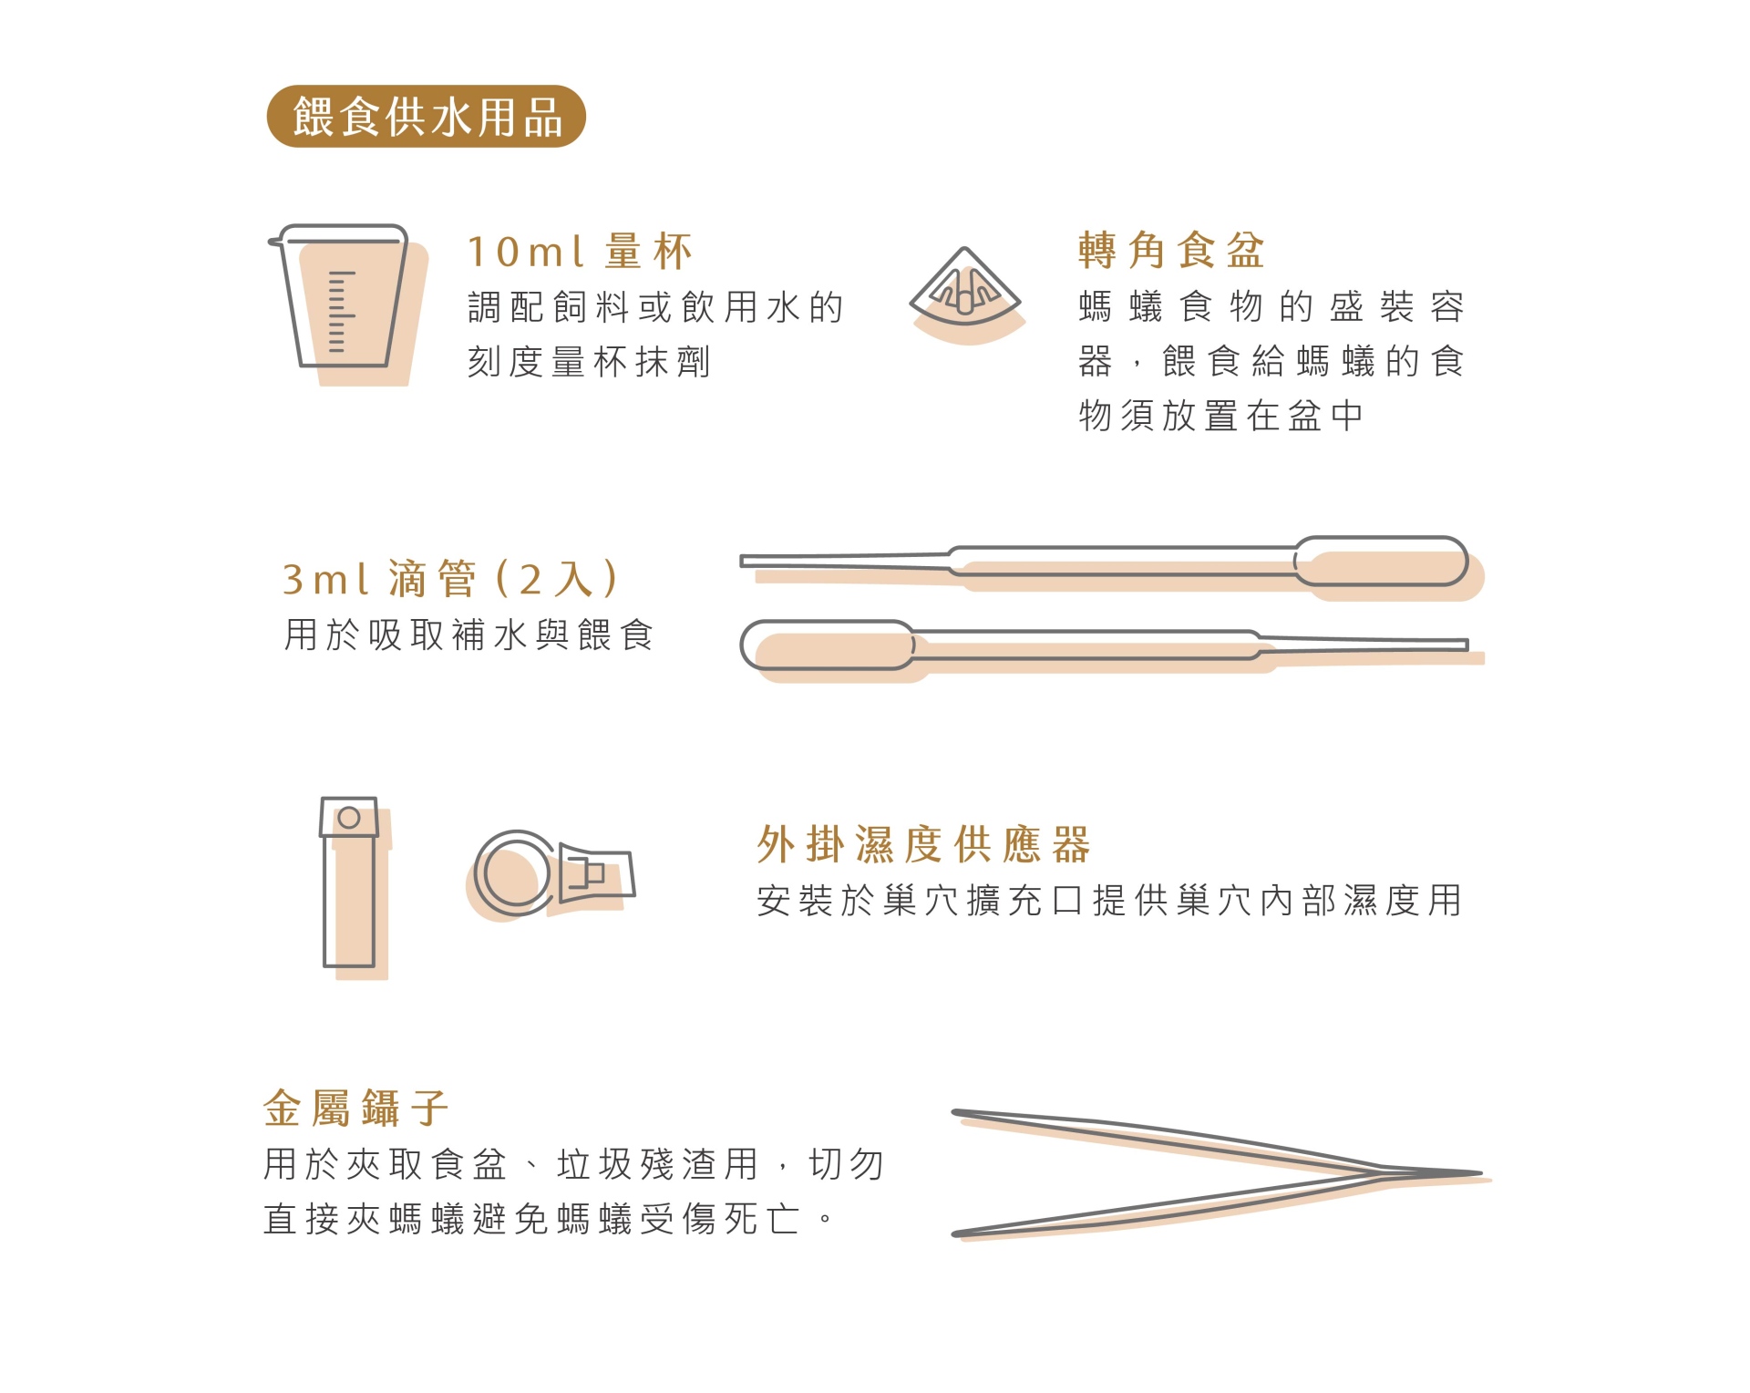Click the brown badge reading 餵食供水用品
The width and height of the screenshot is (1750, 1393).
(426, 117)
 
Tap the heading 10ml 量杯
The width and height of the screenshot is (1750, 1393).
(580, 252)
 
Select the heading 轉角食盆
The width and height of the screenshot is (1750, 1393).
(1171, 250)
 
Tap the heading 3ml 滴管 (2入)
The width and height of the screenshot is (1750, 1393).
(450, 579)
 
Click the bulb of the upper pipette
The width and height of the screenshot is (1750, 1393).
(1381, 562)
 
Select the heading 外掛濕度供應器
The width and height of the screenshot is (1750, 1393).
(923, 844)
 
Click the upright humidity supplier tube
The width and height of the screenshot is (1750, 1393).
(349, 882)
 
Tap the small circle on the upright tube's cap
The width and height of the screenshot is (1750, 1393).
(349, 818)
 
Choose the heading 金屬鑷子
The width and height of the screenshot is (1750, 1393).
(355, 1109)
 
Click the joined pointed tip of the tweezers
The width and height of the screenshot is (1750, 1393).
(1479, 1173)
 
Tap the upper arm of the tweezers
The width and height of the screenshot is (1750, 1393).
(1167, 1140)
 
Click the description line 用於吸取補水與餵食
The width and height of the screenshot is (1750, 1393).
(468, 635)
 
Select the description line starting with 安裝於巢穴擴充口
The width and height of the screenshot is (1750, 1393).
(1109, 901)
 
